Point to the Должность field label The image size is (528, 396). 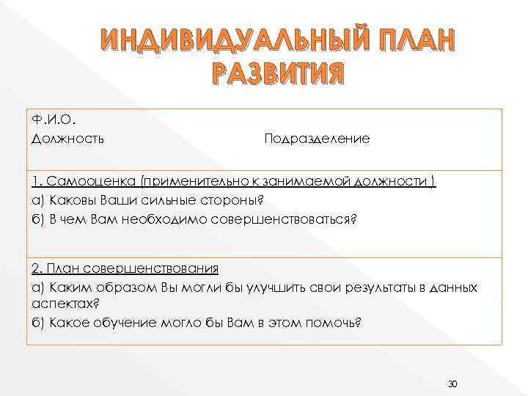tap(67, 138)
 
